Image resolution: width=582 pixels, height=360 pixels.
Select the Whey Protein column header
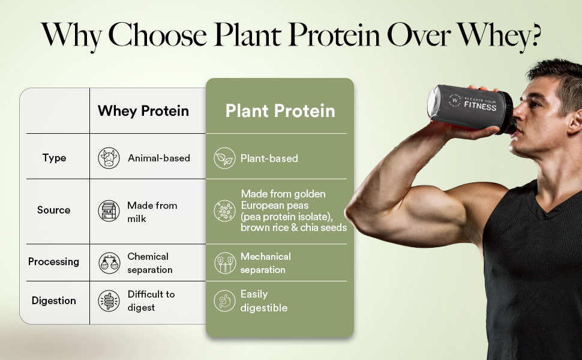[143, 111]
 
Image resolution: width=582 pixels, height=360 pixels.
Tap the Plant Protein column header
[280, 111]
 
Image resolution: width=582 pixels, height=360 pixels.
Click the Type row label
[54, 158]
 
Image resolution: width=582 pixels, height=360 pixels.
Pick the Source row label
[54, 210]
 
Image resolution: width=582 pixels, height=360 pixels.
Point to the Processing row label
[54, 262]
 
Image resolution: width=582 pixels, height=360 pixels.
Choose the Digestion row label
[54, 301]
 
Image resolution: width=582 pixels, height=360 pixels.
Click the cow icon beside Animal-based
[109, 158]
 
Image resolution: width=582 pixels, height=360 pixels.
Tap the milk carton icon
[109, 211]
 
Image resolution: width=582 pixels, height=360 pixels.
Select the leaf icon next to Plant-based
[224, 158]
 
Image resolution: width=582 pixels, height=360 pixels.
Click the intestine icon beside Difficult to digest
[109, 301]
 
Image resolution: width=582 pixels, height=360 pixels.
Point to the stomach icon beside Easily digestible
[224, 301]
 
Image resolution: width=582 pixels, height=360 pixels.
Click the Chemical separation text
[150, 263]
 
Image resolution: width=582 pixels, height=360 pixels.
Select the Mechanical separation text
[265, 263]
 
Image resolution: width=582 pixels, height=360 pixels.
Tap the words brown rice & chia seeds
[293, 228]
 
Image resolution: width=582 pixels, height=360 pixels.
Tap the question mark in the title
[533, 35]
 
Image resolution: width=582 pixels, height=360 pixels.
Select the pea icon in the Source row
[224, 211]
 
